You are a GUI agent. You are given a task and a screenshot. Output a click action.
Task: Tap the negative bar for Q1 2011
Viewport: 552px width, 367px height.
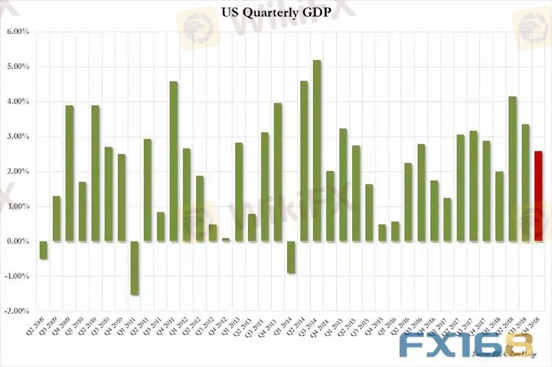134,268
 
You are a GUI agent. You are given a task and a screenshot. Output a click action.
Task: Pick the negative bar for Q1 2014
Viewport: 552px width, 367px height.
291,257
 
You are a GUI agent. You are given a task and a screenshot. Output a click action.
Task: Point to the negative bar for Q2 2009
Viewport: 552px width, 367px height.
44,250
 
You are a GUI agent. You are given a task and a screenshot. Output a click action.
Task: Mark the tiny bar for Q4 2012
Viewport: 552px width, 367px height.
226,240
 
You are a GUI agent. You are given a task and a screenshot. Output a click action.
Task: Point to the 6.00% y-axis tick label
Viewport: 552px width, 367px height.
18,32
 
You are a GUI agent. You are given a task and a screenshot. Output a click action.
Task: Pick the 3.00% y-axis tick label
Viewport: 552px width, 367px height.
18,137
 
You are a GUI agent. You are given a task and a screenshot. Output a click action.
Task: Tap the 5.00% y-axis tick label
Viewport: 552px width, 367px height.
18,67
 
